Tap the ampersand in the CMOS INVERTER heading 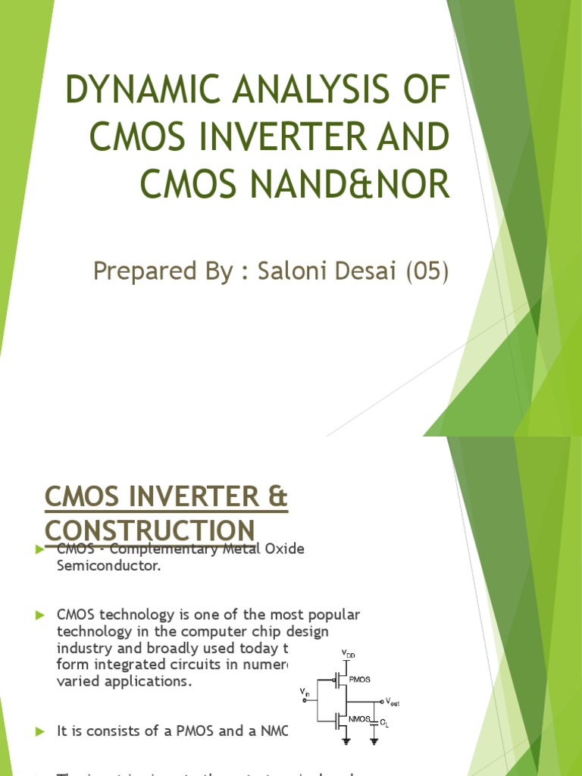(278, 499)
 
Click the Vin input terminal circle (305, 701)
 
